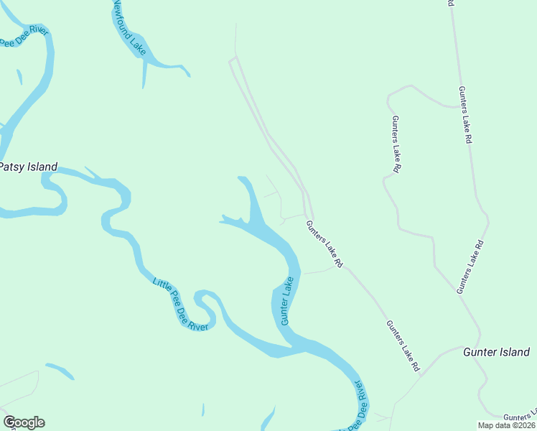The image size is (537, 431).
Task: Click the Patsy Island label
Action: coord(28,167)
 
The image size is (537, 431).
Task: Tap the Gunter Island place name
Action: coord(496,352)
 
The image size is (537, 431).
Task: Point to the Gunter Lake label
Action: coord(287,301)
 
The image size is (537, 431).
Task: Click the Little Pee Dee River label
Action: coord(180,305)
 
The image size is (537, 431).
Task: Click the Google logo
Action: coord(24,422)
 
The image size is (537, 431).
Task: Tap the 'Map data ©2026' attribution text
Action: coord(507,425)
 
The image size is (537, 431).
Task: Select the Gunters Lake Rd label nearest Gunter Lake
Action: coord(325,245)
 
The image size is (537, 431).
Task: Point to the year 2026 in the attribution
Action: coord(526,425)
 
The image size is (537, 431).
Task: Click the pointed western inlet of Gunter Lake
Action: coord(223,218)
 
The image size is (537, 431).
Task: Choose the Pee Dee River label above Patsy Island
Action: coord(23,38)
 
